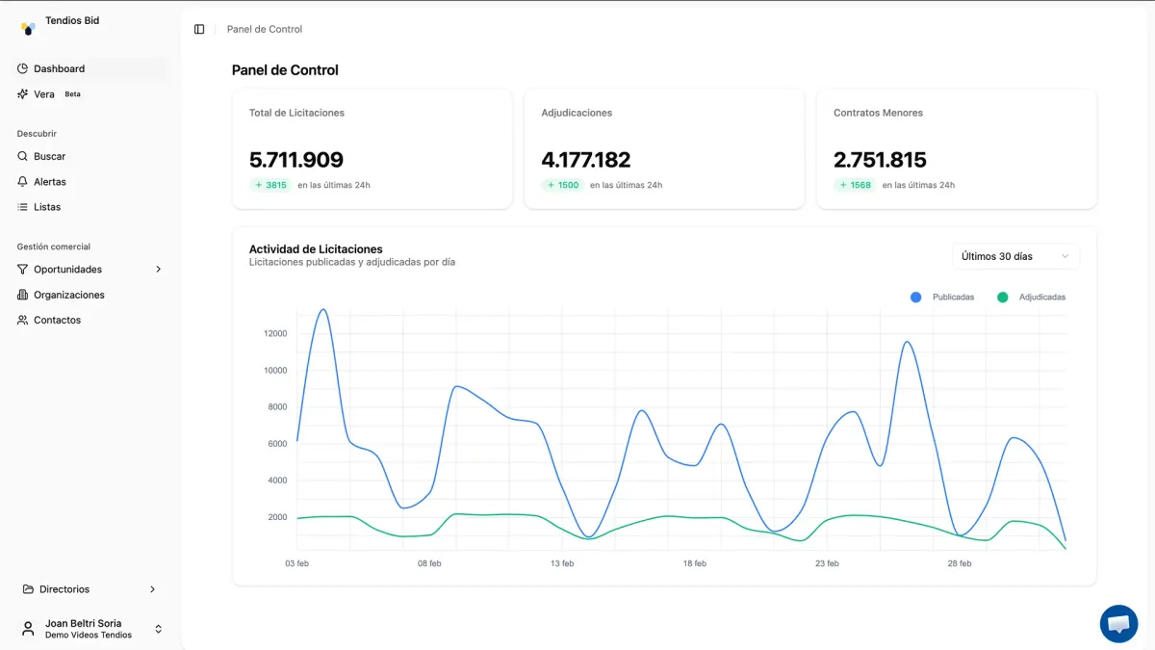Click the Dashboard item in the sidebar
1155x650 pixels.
[59, 68]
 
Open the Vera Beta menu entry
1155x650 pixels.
[44, 94]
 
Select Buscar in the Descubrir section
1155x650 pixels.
[49, 156]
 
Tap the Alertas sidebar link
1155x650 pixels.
[49, 181]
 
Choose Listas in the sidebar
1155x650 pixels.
[46, 207]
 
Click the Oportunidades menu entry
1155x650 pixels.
[67, 270]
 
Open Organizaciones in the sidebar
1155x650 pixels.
[68, 295]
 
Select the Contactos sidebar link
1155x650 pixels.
[57, 320]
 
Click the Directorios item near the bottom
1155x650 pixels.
[64, 589]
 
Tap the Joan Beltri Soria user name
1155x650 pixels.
[83, 623]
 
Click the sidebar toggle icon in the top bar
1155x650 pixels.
[199, 29]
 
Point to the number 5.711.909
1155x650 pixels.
[296, 160]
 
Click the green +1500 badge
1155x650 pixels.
[563, 185]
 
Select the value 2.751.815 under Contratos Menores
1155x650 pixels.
[880, 160]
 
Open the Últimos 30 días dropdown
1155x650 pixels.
[1015, 256]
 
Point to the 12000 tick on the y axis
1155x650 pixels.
[275, 334]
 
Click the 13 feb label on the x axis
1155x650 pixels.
[562, 563]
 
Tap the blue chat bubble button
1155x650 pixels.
[1118, 624]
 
